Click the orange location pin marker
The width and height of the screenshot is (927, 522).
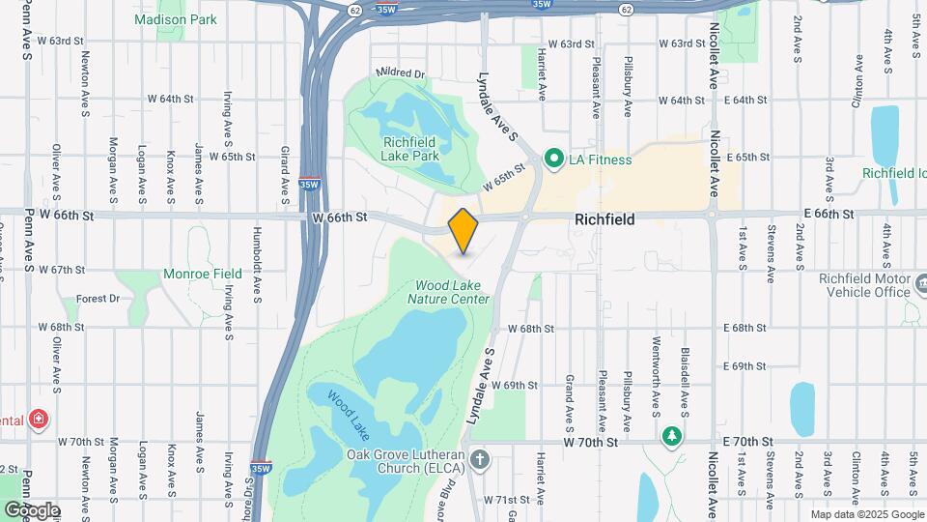(463, 230)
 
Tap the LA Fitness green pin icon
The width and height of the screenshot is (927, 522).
(554, 159)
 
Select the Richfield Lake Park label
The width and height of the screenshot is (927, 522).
(411, 149)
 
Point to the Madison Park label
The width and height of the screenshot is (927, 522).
(176, 19)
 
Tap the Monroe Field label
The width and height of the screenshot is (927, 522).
(203, 275)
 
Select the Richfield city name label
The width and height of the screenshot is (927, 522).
(604, 219)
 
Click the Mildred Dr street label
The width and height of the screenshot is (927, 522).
(400, 73)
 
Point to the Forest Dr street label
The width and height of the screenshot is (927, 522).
(98, 299)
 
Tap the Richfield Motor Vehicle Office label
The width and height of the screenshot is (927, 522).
(865, 285)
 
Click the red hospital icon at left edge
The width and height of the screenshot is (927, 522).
(38, 420)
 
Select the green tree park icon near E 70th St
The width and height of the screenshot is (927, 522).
(671, 437)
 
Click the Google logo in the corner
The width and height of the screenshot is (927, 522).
(31, 509)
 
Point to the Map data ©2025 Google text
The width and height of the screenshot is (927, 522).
(865, 514)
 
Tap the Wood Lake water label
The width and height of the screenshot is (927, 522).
(348, 412)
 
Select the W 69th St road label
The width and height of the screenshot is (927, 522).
(514, 385)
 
